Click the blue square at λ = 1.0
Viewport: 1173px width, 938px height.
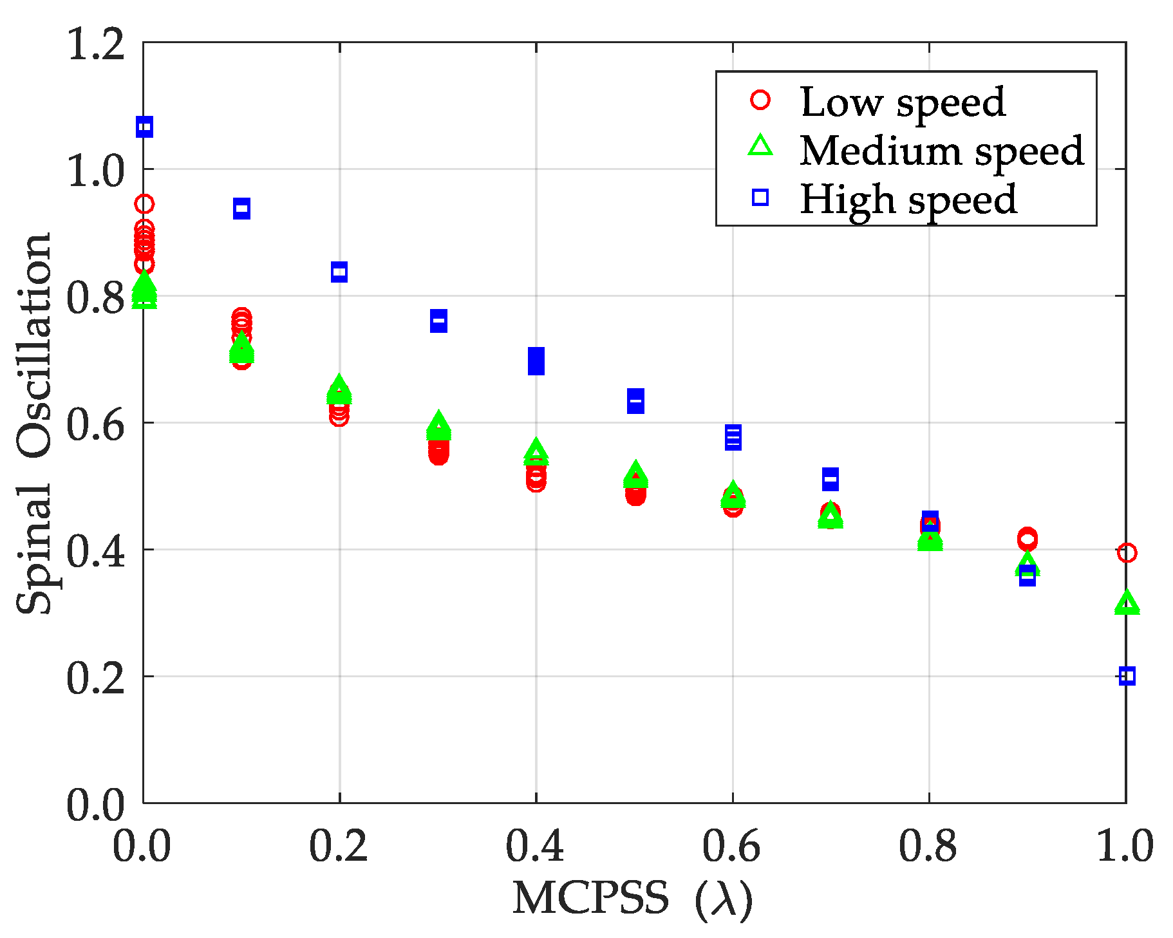(x=1126, y=676)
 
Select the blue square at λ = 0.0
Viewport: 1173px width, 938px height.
(x=145, y=127)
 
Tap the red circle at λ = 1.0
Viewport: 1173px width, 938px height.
(x=1126, y=552)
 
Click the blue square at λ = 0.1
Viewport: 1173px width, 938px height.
(x=241, y=208)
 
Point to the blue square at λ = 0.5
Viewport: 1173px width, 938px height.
(x=635, y=400)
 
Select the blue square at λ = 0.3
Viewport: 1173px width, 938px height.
(x=438, y=321)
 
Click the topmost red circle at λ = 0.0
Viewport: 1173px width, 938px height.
(x=145, y=204)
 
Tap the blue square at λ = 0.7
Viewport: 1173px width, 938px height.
(x=830, y=479)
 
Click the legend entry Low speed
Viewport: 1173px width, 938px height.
(x=902, y=102)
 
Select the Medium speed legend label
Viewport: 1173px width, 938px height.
(x=941, y=151)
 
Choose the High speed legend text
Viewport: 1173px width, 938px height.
(x=908, y=199)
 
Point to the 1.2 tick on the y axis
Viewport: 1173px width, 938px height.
(x=95, y=44)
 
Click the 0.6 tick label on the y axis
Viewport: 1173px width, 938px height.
(x=95, y=424)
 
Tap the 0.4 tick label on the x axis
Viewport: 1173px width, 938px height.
(x=535, y=846)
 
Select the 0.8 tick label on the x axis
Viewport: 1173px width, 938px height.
(x=928, y=846)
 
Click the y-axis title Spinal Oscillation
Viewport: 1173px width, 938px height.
(x=33, y=422)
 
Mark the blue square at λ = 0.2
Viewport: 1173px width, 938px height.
(x=339, y=272)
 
